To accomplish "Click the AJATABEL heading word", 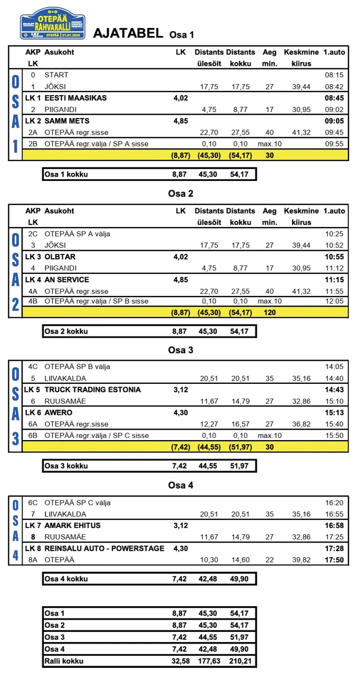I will (x=128, y=33).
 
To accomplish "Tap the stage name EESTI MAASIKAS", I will (x=76, y=98).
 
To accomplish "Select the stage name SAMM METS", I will (x=67, y=121).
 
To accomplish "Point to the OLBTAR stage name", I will (x=60, y=257).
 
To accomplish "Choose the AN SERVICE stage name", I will (x=67, y=280).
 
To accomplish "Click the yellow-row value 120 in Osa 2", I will (x=270, y=312).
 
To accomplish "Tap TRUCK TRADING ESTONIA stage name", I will (x=92, y=390).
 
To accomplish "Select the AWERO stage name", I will (x=58, y=413).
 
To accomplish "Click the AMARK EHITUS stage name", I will (x=73, y=525).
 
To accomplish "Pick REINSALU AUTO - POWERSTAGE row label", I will (x=104, y=548).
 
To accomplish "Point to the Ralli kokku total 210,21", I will (x=241, y=661).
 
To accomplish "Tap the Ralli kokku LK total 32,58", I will (x=181, y=661).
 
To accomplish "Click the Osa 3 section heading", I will (x=180, y=350).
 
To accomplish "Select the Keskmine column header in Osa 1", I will (x=301, y=52).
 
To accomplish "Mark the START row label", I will (x=56, y=75).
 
